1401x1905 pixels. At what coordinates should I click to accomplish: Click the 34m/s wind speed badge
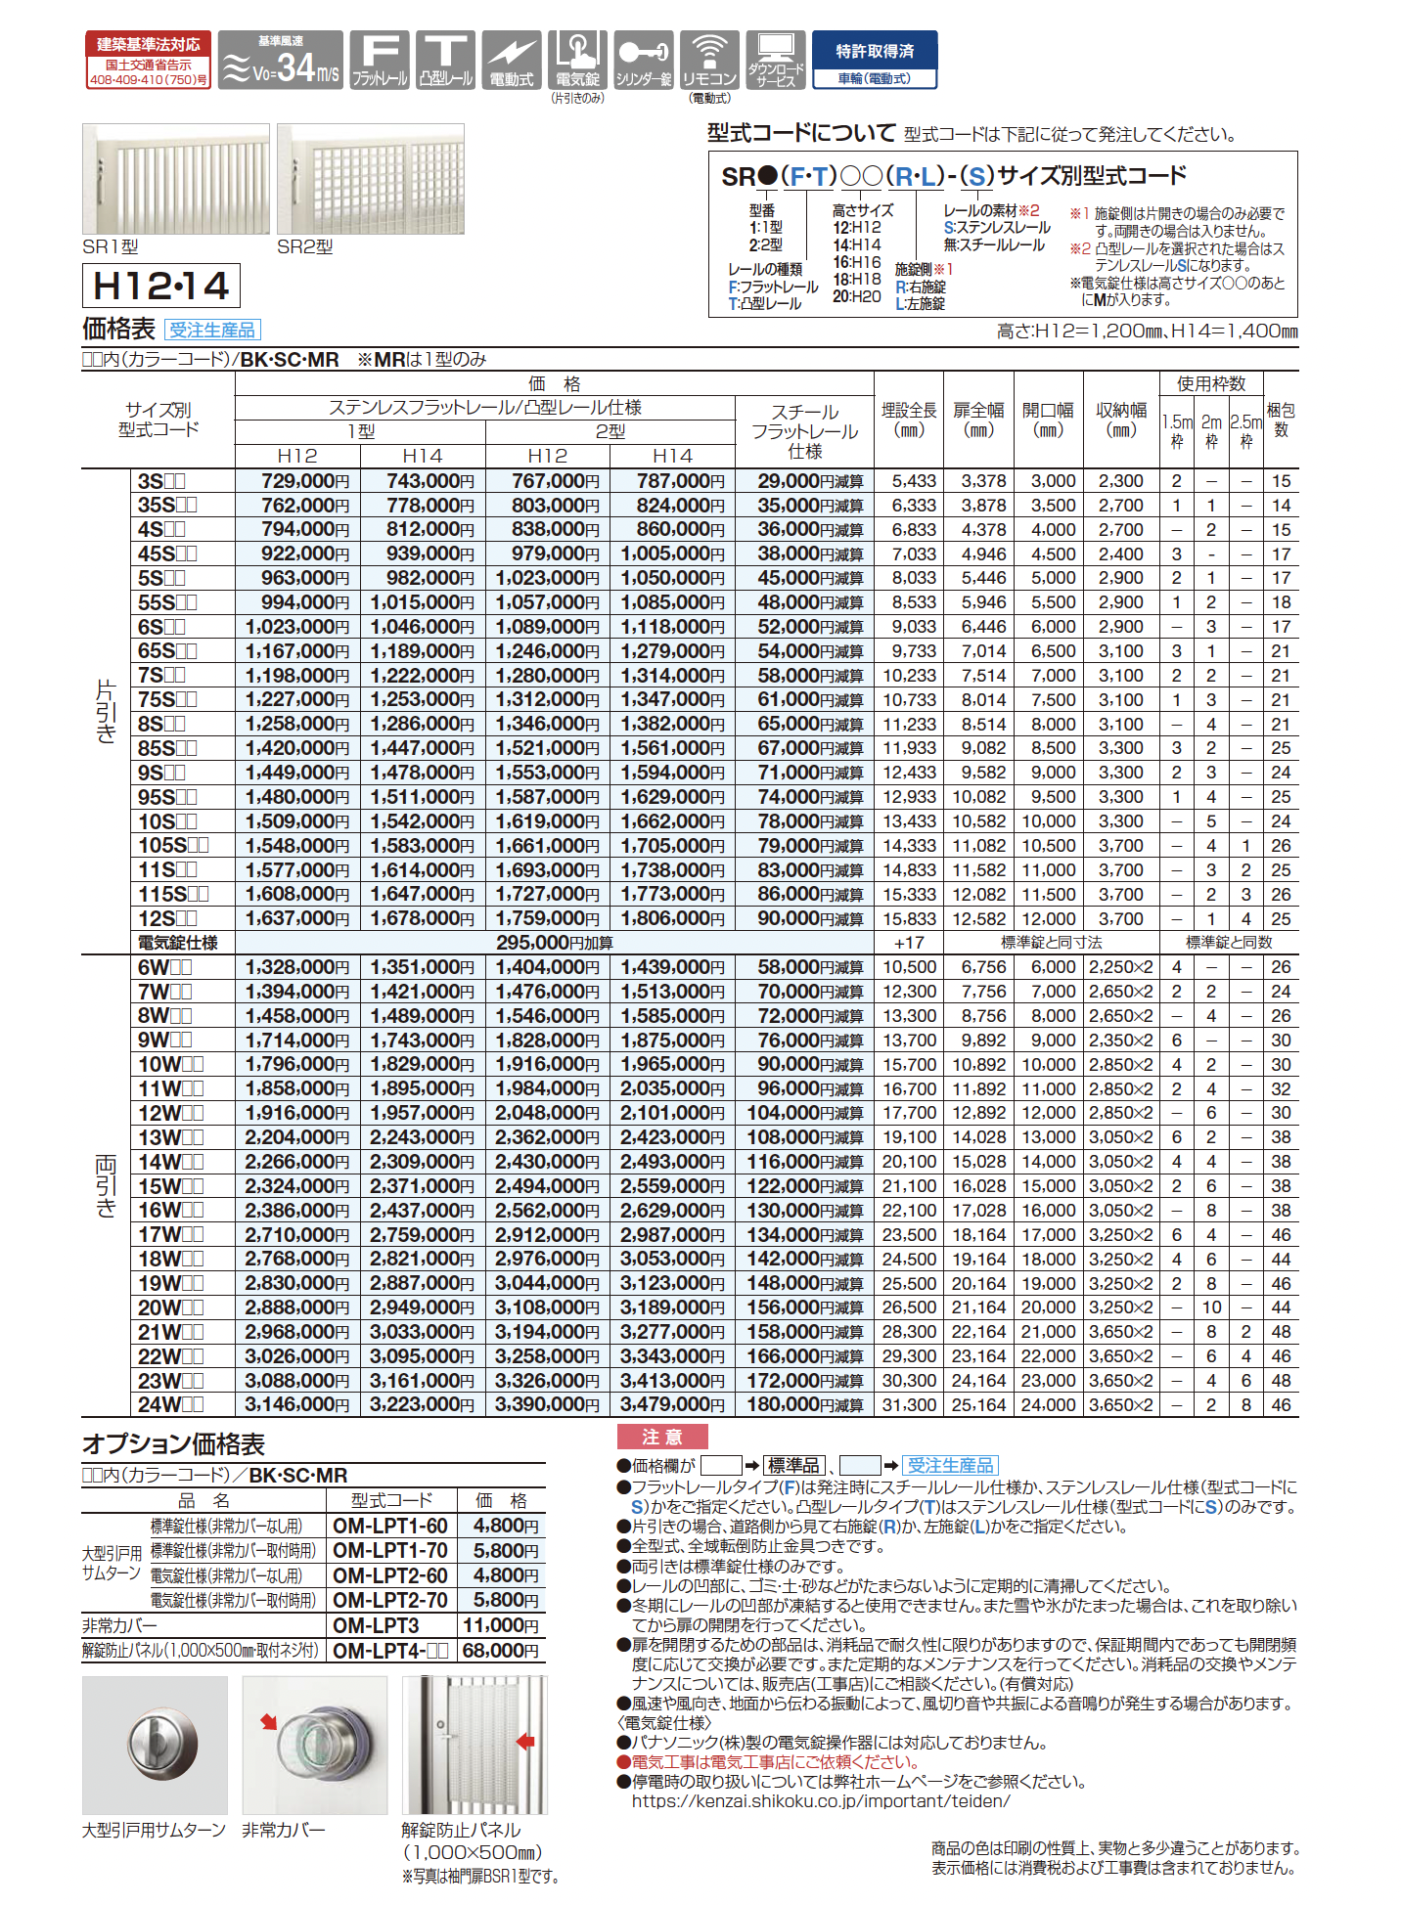point(280,61)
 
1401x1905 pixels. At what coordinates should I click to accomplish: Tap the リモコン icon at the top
point(709,61)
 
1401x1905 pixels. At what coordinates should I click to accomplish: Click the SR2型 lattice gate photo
point(370,179)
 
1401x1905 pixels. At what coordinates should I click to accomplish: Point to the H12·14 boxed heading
point(161,286)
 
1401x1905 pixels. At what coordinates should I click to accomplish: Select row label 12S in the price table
point(166,918)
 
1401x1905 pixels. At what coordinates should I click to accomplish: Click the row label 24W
point(170,1404)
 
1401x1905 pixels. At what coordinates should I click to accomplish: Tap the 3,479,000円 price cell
point(672,1404)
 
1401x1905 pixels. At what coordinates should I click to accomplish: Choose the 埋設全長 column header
point(909,420)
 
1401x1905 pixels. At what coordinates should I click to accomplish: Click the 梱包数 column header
point(1281,420)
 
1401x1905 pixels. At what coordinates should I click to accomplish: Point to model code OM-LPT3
point(376,1625)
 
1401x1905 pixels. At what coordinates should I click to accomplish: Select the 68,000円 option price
point(501,1651)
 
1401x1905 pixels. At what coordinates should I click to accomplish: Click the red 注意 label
point(661,1437)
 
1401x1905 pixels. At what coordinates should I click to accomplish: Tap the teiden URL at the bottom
point(820,1800)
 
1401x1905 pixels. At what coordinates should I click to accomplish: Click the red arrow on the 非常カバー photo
point(269,1722)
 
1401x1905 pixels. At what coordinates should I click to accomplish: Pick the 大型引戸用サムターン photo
point(155,1745)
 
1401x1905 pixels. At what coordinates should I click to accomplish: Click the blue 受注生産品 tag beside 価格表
point(212,331)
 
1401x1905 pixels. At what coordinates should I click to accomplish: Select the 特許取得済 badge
point(875,61)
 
